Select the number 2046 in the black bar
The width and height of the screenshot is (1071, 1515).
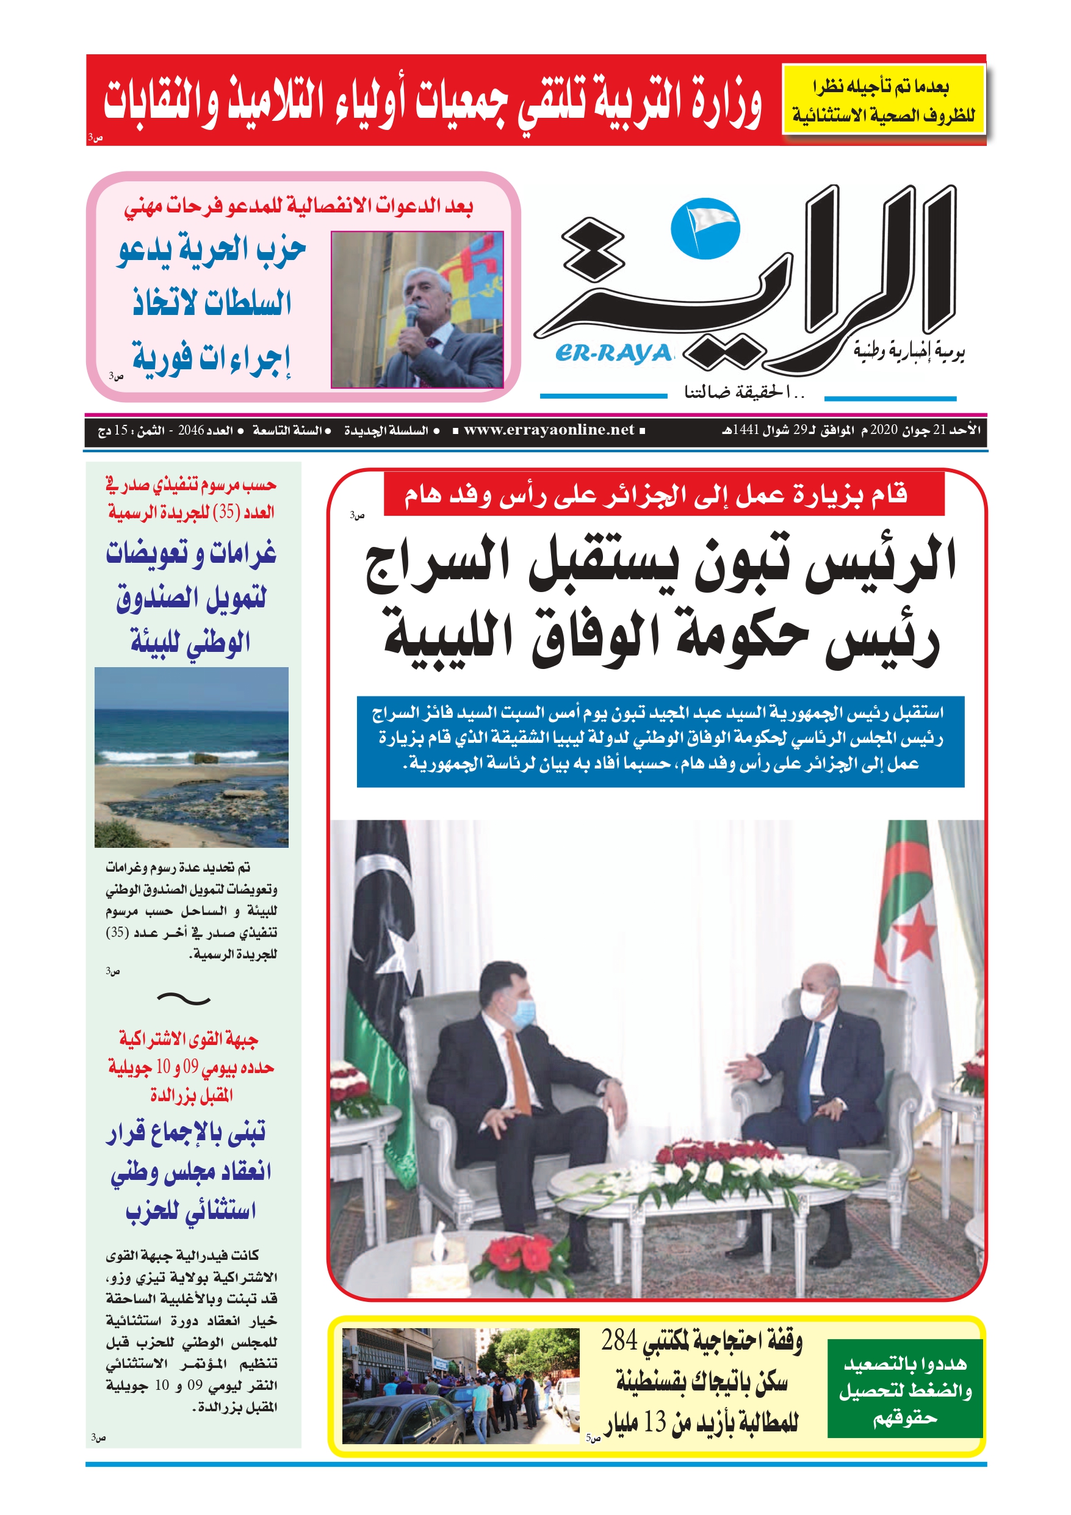coord(192,431)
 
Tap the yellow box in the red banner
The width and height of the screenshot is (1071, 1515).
coord(883,100)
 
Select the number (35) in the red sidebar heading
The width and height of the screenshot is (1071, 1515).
coord(226,513)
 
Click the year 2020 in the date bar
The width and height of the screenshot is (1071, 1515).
coord(884,430)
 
